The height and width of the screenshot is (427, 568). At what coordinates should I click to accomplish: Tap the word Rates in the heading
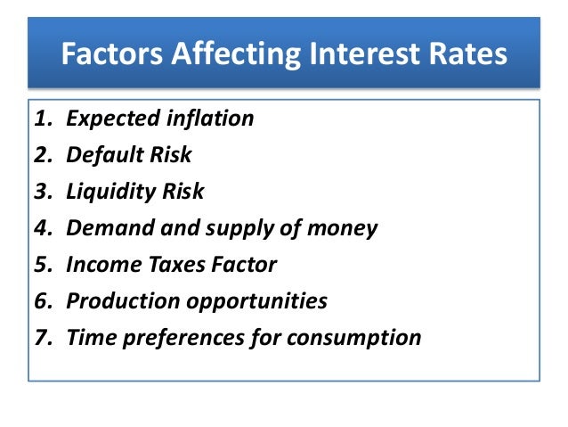pyautogui.click(x=469, y=54)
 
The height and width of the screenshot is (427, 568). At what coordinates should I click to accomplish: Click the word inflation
pyautogui.click(x=210, y=119)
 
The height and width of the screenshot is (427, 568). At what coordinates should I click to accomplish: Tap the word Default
pyautogui.click(x=105, y=155)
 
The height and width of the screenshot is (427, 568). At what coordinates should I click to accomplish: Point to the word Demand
pyautogui.click(x=105, y=228)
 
